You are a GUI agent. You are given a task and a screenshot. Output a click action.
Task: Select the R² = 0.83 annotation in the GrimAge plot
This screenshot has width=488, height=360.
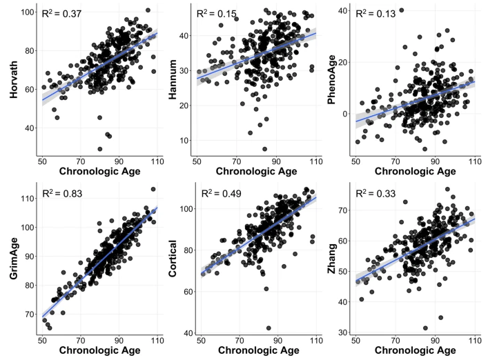pos(62,194)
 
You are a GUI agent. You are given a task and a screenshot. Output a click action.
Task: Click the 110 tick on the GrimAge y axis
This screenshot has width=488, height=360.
pos(26,199)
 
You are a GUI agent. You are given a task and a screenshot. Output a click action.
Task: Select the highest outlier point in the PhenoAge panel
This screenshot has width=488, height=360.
pos(401,10)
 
